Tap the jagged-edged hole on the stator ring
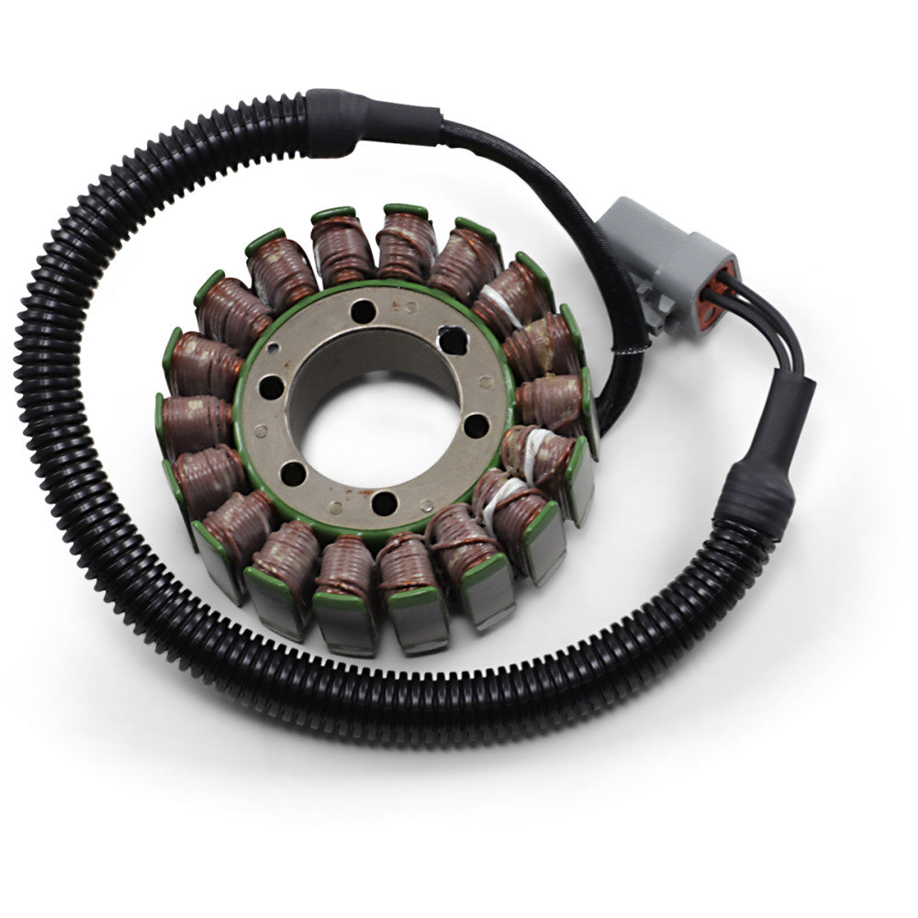452,339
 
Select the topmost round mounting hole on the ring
363,311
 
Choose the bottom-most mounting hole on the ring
385,502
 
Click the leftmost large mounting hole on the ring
273,386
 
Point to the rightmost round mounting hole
476,425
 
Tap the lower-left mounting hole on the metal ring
292,474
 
